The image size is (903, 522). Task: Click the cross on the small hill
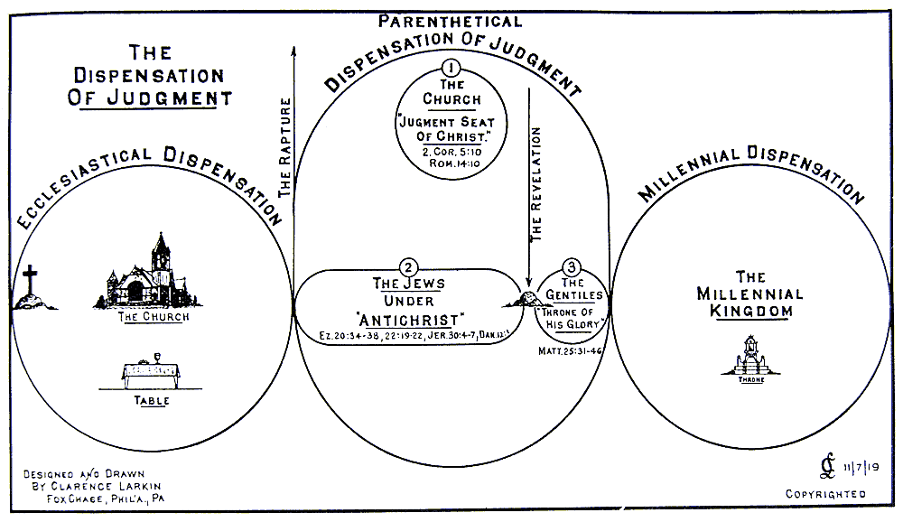[32, 282]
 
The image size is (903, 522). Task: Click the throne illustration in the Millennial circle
[751, 357]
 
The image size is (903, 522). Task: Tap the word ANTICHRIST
[410, 319]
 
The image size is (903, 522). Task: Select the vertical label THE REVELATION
[536, 184]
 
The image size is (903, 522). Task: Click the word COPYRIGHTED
[824, 494]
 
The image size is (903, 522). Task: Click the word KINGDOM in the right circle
[751, 311]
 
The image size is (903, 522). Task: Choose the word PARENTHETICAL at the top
[449, 21]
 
